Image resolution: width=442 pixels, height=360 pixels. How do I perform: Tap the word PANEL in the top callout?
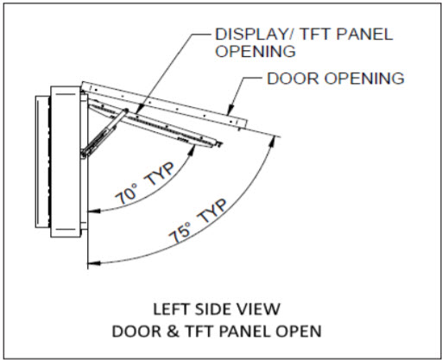[x=364, y=35]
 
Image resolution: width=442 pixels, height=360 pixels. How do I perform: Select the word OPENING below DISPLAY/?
[x=256, y=51]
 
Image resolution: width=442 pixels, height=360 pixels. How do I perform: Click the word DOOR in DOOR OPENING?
[x=294, y=79]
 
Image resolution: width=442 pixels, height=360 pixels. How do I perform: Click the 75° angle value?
[x=180, y=233]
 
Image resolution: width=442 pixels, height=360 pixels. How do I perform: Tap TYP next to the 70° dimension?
[x=159, y=174]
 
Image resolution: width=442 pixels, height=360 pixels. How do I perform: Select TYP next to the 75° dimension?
[x=213, y=211]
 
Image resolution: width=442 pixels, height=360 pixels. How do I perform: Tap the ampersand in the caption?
[x=173, y=332]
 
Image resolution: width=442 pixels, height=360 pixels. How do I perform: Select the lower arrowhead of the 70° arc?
[x=94, y=211]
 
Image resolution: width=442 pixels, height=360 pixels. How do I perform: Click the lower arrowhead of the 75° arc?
[x=94, y=262]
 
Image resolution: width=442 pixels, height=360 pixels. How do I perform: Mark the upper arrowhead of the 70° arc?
[x=192, y=149]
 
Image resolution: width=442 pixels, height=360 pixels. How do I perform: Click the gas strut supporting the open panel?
[x=104, y=133]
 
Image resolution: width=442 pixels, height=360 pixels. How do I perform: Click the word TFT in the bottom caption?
[x=200, y=332]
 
